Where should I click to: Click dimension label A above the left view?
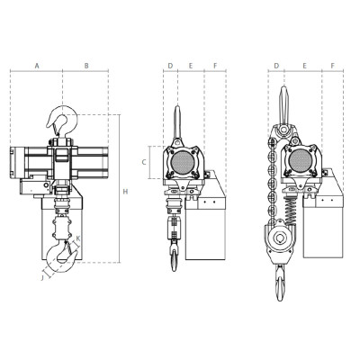coord(36,66)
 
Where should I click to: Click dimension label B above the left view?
coord(85,66)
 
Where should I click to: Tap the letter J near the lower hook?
coord(41,278)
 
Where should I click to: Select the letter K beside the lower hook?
coord(77,238)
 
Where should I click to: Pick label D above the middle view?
coord(169,66)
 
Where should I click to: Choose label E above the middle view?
coord(190,66)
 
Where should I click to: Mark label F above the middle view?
coord(215,66)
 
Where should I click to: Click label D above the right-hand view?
coord(276,66)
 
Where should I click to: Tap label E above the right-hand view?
coord(306,66)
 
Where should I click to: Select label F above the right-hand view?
coord(332,66)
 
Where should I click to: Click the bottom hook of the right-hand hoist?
coord(283,283)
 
